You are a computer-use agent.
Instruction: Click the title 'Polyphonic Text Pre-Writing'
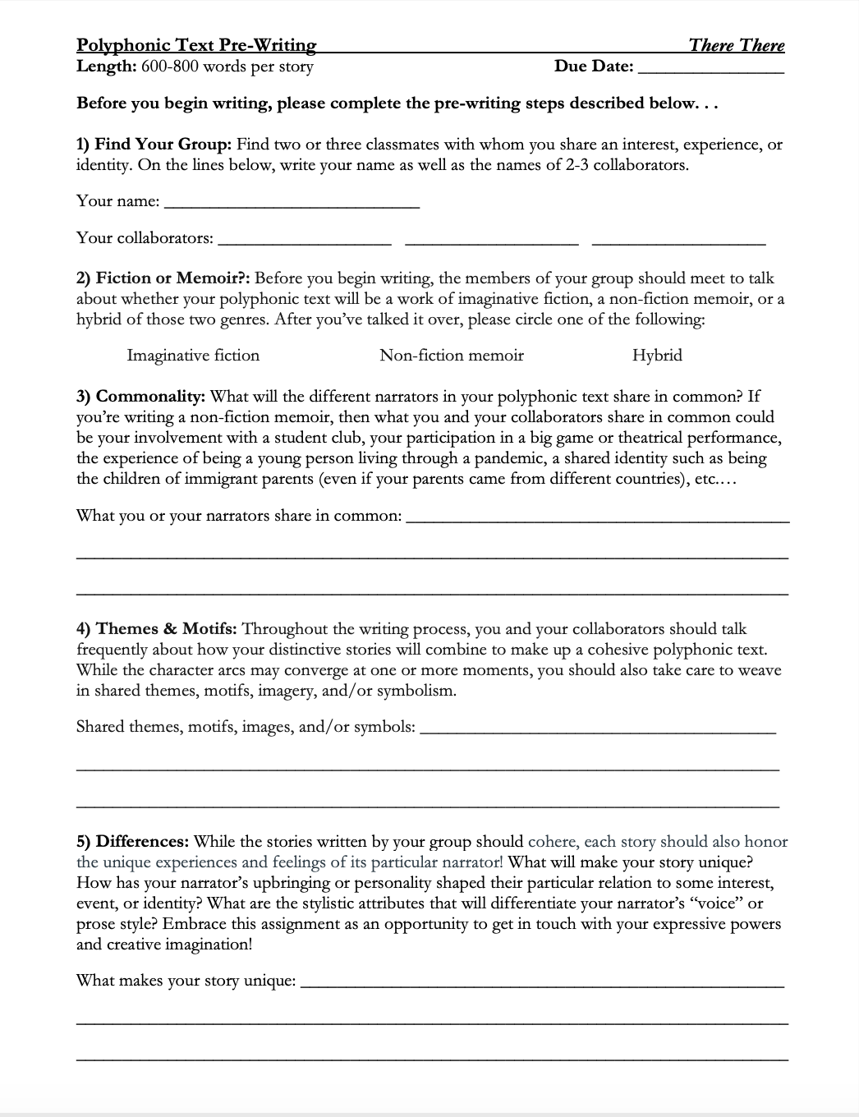[196, 45]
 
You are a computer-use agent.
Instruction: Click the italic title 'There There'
[737, 45]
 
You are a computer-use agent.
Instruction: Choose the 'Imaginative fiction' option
[193, 356]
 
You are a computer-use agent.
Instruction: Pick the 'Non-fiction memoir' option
[452, 356]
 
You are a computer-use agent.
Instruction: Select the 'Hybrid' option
[657, 356]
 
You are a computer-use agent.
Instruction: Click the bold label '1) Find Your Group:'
[154, 145]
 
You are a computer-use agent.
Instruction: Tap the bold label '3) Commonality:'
[140, 397]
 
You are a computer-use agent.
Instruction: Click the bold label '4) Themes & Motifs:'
[157, 629]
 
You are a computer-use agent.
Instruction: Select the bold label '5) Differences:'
[133, 842]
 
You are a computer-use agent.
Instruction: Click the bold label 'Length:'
[106, 67]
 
